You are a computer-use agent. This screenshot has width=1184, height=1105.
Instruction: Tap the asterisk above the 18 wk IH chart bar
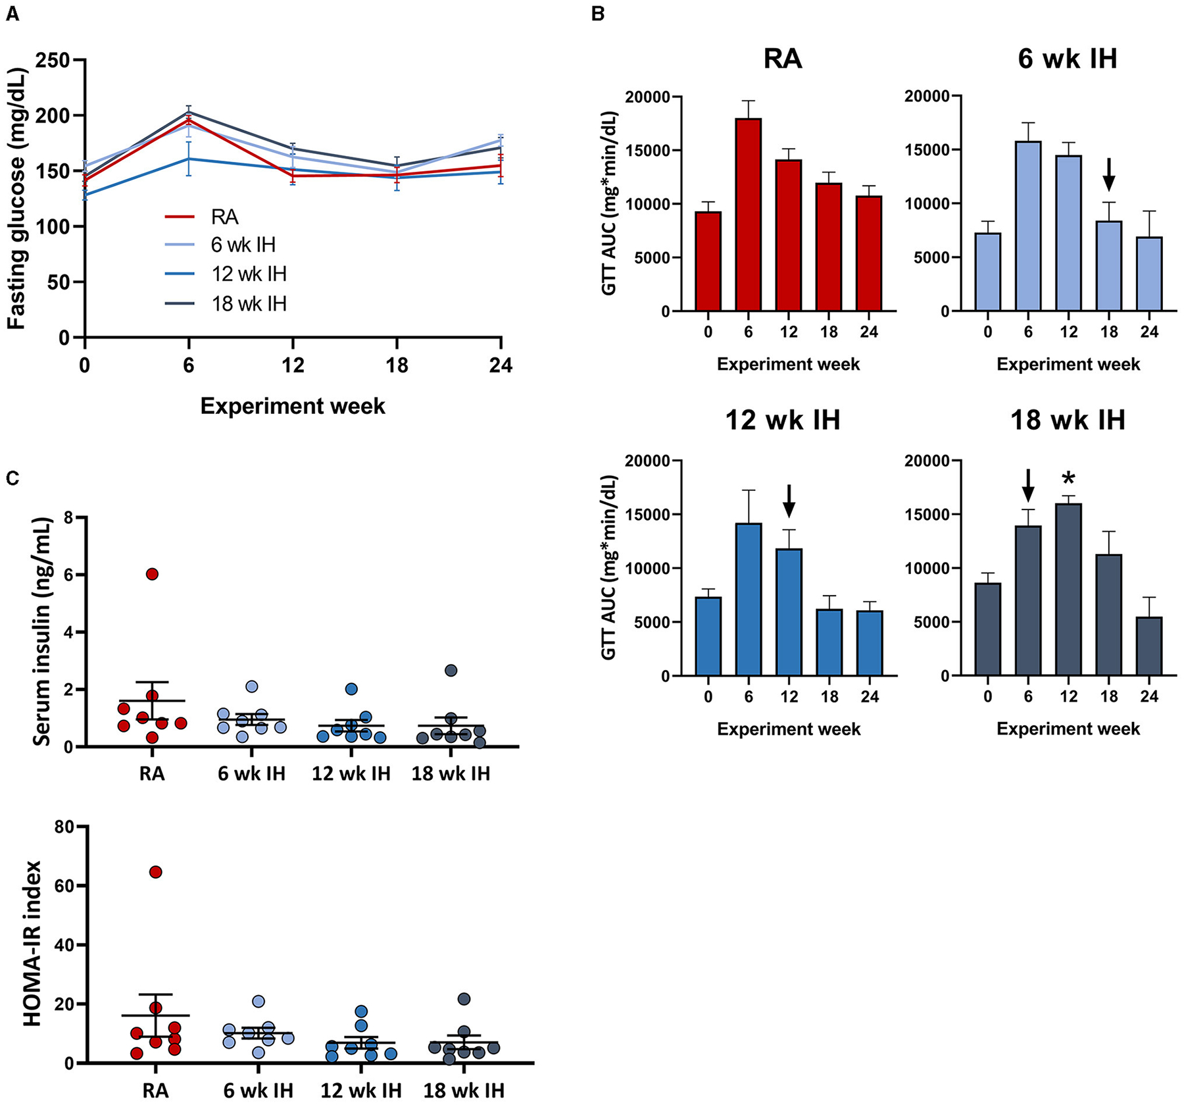click(1068, 479)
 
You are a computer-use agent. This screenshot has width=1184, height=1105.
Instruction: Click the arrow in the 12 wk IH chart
click(789, 501)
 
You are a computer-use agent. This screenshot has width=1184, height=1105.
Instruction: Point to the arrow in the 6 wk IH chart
click(1109, 174)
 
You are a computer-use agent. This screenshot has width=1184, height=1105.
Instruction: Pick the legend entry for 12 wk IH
click(249, 274)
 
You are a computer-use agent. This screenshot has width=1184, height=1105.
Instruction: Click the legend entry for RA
click(224, 217)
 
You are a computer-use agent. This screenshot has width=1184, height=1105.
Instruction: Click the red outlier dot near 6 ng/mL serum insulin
click(152, 574)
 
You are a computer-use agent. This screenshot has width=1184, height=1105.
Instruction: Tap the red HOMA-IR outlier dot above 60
click(156, 872)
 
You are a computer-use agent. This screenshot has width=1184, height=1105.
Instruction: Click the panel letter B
click(598, 13)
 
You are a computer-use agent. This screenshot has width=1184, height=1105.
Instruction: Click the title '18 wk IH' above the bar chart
click(1068, 420)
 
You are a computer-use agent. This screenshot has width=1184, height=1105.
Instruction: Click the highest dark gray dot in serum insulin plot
click(451, 671)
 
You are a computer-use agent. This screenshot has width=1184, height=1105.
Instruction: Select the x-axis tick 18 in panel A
click(397, 365)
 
